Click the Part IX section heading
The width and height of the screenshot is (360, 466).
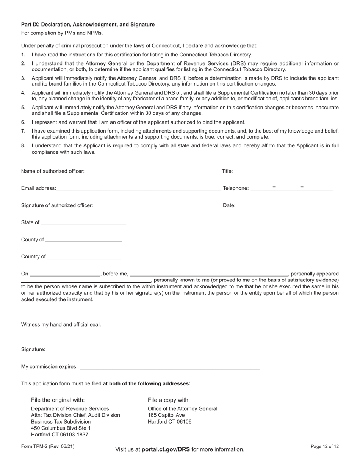tap(88, 25)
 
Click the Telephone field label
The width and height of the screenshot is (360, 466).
tap(236, 188)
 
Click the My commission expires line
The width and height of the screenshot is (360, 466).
tap(170, 366)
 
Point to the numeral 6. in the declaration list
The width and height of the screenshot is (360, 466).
tap(23, 122)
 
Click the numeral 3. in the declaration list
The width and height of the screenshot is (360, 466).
tap(23, 78)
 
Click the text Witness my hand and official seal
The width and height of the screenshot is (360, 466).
tap(61, 325)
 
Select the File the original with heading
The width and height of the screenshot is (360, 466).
tap(58, 400)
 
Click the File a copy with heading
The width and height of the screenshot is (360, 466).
tap(169, 400)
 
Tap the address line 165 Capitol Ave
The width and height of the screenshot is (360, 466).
tap(166, 415)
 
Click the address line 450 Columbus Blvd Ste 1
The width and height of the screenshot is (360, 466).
tap(61, 428)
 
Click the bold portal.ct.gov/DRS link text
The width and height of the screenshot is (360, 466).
tap(166, 449)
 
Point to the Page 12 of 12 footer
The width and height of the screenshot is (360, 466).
tap(324, 447)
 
